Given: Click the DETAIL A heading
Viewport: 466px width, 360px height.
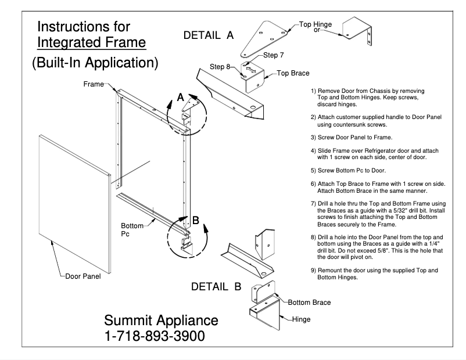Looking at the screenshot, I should point(208,35).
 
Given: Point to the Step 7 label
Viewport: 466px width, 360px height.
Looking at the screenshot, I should point(274,56).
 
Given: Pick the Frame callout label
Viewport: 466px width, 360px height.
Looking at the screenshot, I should point(92,84).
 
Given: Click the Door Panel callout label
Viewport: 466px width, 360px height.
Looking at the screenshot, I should point(81,276).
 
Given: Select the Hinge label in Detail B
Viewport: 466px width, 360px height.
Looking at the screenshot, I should point(301,319).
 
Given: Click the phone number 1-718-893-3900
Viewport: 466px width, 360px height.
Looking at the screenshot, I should point(155,336).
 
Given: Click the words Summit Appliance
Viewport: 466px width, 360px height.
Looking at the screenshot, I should point(161,321).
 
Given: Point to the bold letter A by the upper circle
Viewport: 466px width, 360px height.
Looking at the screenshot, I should point(180,99).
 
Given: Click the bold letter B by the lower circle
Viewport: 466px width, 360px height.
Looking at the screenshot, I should point(196,220).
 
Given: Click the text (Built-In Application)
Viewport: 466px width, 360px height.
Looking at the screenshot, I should point(95,63).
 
